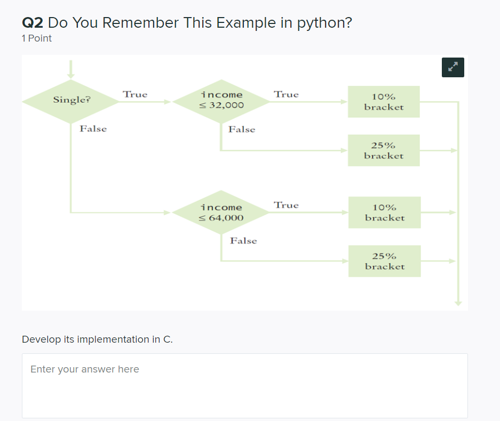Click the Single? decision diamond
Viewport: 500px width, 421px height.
(71, 101)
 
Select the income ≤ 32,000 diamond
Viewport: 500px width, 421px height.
(221, 101)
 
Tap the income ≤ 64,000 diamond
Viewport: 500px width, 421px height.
(221, 213)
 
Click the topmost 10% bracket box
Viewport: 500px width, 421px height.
(384, 102)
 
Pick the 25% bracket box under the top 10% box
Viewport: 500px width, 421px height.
(384, 150)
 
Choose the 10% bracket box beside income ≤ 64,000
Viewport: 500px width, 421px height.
(384, 213)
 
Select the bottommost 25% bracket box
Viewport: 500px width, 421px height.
(384, 261)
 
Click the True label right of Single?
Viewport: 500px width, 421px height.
(134, 94)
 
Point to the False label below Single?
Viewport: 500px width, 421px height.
(93, 129)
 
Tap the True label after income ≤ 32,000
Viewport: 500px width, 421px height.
(286, 94)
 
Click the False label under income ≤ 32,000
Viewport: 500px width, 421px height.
(242, 129)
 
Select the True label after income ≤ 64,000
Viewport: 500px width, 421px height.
(286, 205)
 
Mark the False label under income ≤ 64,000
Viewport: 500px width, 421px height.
(243, 241)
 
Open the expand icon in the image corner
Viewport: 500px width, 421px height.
(453, 67)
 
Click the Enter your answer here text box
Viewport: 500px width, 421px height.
(244, 385)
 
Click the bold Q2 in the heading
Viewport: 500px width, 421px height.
(32, 23)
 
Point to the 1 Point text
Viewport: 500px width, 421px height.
(37, 38)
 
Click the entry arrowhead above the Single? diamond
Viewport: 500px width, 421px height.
(70, 75)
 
